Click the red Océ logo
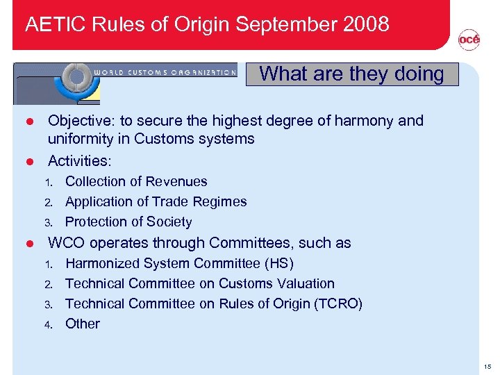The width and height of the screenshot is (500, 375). click(469, 40)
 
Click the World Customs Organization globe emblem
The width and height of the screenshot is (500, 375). click(78, 78)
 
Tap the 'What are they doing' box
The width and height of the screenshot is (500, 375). click(352, 74)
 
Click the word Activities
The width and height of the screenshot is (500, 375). click(79, 161)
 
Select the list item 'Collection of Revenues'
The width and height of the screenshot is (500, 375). click(136, 181)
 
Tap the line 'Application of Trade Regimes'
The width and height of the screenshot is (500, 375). click(156, 201)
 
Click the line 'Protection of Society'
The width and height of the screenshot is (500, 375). click(128, 222)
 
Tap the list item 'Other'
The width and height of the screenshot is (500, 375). click(83, 324)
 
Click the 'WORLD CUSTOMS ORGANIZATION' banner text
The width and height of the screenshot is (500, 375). click(165, 72)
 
